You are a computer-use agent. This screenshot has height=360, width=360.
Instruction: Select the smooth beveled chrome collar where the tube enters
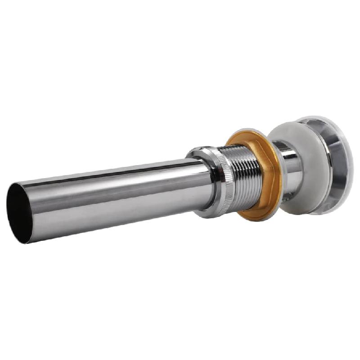click(205, 180)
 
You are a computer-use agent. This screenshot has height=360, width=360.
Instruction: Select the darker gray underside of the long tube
click(112, 216)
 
